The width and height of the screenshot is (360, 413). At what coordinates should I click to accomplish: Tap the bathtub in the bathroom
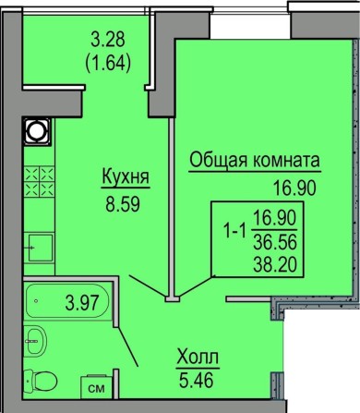click(x=65, y=299)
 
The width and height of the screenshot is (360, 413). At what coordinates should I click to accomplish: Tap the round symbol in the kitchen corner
click(x=38, y=132)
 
